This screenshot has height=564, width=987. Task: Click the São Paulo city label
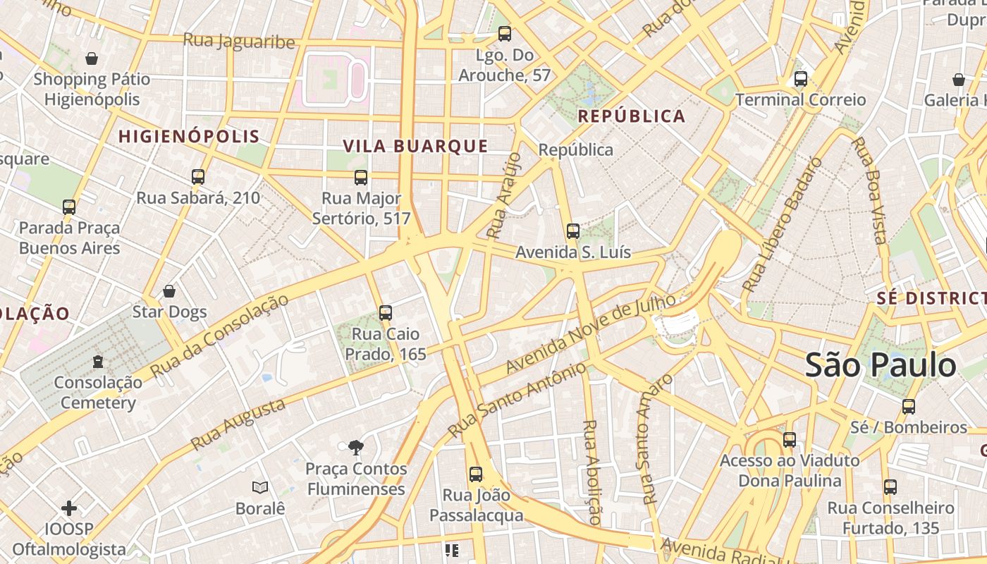(x=880, y=365)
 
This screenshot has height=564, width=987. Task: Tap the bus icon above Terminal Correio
(x=800, y=79)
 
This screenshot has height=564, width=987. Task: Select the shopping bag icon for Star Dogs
(x=169, y=291)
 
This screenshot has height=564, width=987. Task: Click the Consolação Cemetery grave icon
(x=98, y=362)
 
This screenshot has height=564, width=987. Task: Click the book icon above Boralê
(x=260, y=487)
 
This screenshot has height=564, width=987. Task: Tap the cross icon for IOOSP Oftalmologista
(x=69, y=508)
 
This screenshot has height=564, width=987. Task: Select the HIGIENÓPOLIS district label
(x=189, y=137)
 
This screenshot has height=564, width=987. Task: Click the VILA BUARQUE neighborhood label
(x=415, y=146)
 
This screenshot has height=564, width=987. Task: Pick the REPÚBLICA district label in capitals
(x=632, y=116)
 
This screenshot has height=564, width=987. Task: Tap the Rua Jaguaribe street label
(x=239, y=41)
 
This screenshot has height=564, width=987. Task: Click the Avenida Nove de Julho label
(x=591, y=334)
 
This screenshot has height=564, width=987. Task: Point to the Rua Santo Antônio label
(x=517, y=400)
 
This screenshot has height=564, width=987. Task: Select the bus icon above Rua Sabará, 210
(x=198, y=177)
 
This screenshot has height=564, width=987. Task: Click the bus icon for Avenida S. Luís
(x=573, y=231)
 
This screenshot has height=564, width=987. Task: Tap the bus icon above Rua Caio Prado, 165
(x=385, y=313)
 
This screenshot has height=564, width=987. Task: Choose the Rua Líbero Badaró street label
(x=783, y=225)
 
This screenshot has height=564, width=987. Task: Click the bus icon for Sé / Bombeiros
(x=908, y=407)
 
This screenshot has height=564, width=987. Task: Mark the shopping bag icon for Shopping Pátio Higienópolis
(x=92, y=59)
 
